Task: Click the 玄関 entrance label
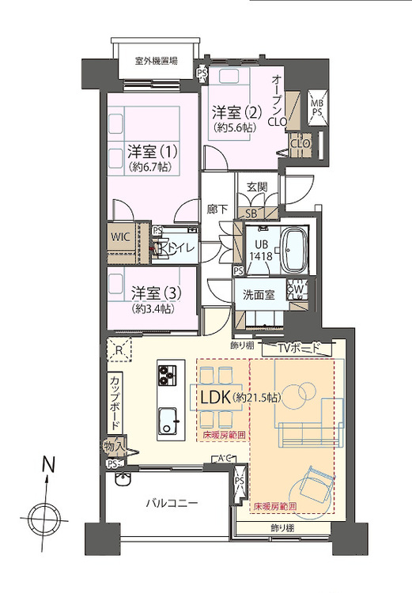(257, 187)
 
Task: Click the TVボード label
(299, 348)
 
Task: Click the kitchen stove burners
(168, 373)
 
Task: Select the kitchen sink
(168, 419)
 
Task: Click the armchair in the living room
(314, 483)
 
